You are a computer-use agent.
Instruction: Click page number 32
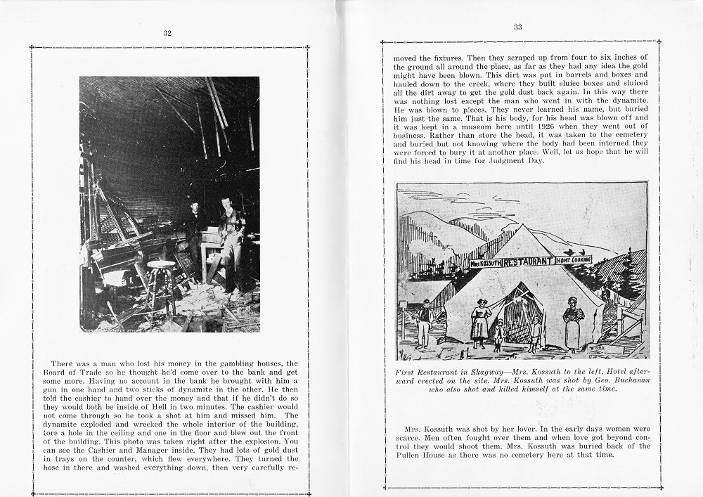[167, 32]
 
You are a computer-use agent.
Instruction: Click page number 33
[517, 27]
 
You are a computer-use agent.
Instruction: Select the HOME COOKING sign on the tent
[574, 259]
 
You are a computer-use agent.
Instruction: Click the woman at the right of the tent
[573, 322]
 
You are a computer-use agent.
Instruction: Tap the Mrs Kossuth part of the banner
[484, 264]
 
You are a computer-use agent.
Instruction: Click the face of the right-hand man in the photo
[226, 204]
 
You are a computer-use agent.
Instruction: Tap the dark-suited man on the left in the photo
[193, 232]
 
